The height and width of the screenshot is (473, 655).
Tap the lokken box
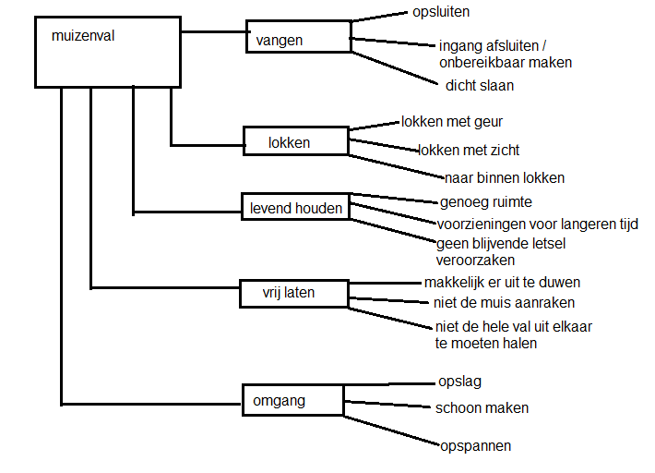(294, 141)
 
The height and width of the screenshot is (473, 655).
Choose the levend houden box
(296, 208)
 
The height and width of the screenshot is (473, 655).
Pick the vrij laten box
(293, 293)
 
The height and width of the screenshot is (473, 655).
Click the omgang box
(292, 400)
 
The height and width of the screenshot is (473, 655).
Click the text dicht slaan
(479, 85)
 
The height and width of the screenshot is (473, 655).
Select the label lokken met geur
(452, 121)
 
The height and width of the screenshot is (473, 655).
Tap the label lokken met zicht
(475, 149)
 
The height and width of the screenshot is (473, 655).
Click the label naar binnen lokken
(504, 177)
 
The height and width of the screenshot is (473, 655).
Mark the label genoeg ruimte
(485, 201)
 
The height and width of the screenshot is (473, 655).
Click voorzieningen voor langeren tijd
(537, 224)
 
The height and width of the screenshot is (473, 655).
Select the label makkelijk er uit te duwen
(502, 282)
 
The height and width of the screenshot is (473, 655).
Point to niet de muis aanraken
(504, 302)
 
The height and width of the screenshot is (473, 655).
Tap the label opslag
(459, 381)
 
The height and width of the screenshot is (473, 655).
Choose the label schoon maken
(482, 407)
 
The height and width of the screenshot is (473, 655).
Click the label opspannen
(475, 445)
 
